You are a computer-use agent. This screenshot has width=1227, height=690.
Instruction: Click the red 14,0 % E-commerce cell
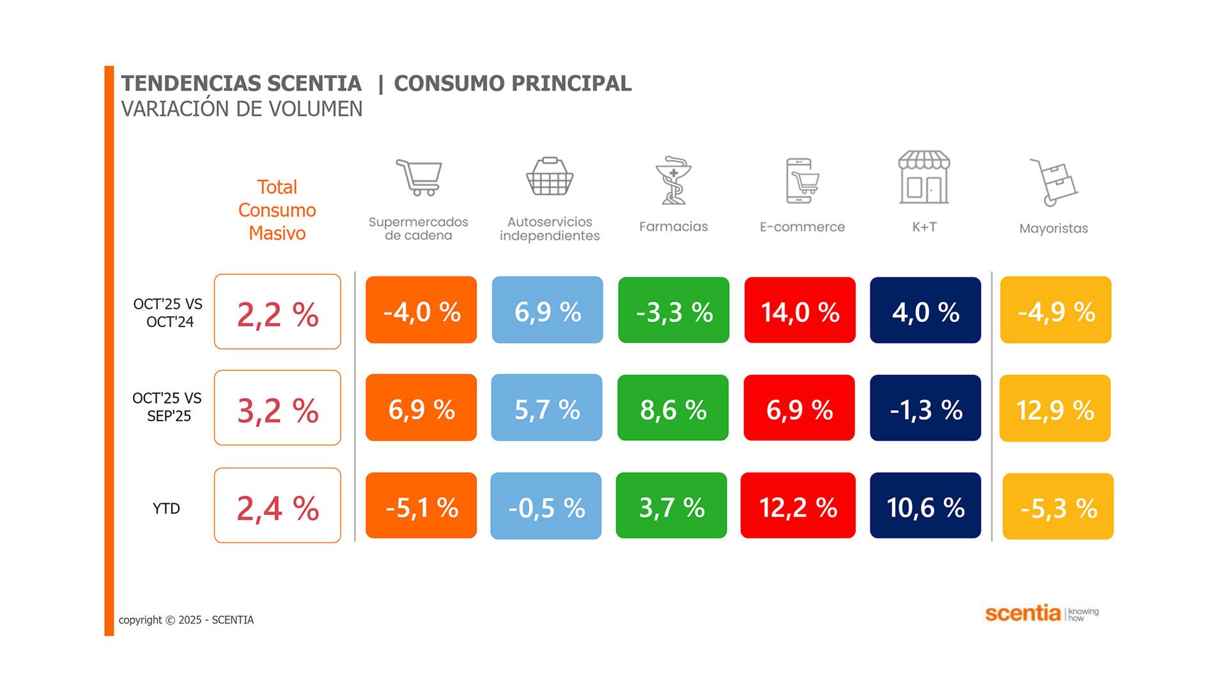point(799,310)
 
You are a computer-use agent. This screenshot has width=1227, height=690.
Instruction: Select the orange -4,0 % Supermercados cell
point(421,310)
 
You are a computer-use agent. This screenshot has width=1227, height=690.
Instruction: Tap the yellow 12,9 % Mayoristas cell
point(1055,409)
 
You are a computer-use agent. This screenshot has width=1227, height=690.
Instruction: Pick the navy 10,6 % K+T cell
point(925,506)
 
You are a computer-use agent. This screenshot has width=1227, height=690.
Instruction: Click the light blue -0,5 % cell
point(546,506)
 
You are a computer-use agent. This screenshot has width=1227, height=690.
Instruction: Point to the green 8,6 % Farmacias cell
point(673,408)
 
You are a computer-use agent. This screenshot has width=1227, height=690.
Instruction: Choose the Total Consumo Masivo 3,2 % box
point(277,408)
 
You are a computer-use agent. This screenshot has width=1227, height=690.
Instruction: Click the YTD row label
point(166,509)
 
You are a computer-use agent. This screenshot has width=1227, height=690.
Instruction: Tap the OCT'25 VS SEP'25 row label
point(167,407)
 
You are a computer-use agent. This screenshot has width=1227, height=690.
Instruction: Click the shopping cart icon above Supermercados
point(419,177)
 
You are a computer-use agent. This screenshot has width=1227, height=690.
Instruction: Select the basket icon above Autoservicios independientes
point(550,176)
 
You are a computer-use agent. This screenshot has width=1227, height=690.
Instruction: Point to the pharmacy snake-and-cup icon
point(673,181)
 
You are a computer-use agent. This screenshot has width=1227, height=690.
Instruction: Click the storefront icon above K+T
point(924,178)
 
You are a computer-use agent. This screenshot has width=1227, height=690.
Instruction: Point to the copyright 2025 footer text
point(186,620)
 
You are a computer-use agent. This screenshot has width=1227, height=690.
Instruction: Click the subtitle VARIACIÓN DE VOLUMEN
point(242,109)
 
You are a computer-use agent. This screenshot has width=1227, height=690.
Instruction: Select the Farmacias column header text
point(674,227)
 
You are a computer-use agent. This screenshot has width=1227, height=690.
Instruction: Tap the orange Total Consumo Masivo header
point(277,210)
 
